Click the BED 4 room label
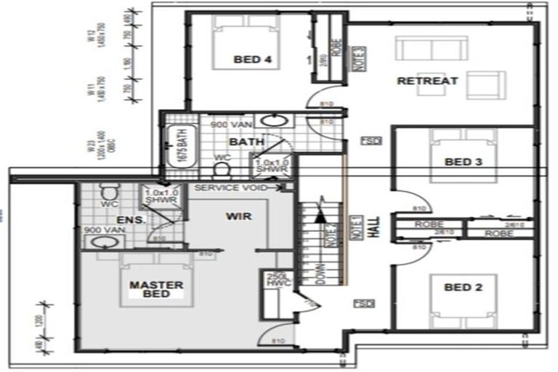tap(252, 60)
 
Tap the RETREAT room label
tap(427, 81)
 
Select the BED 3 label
tap(463, 162)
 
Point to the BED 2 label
tap(463, 288)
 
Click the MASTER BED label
tap(156, 289)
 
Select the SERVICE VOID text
tap(227, 188)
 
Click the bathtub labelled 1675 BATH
tap(177, 147)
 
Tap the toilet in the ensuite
tap(108, 192)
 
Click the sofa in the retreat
tap(432, 49)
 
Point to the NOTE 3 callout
tap(358, 56)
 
